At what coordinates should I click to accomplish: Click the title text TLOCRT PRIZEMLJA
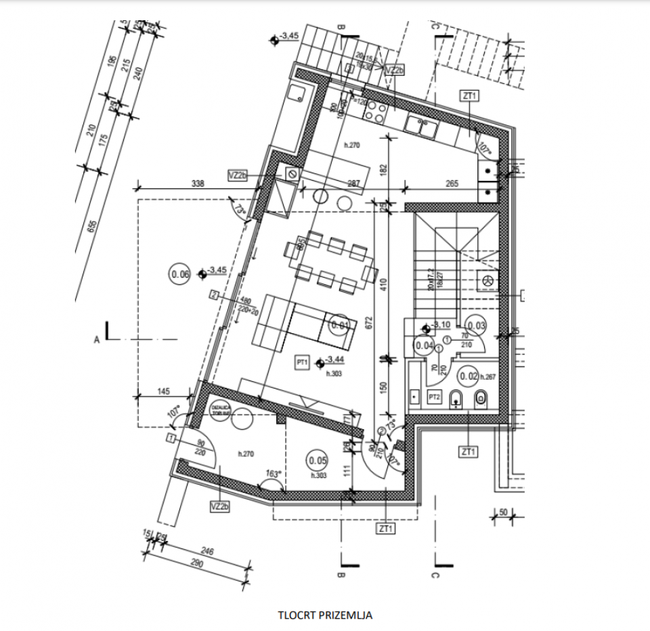(x=325, y=615)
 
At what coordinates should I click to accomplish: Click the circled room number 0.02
(x=469, y=376)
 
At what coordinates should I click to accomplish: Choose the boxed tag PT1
(x=302, y=363)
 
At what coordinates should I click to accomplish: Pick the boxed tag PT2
(x=435, y=397)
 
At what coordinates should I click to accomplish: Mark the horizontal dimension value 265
(x=452, y=183)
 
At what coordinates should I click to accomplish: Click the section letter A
(x=98, y=339)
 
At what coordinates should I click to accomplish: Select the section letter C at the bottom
(x=435, y=576)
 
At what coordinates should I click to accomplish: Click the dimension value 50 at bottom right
(x=503, y=513)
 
